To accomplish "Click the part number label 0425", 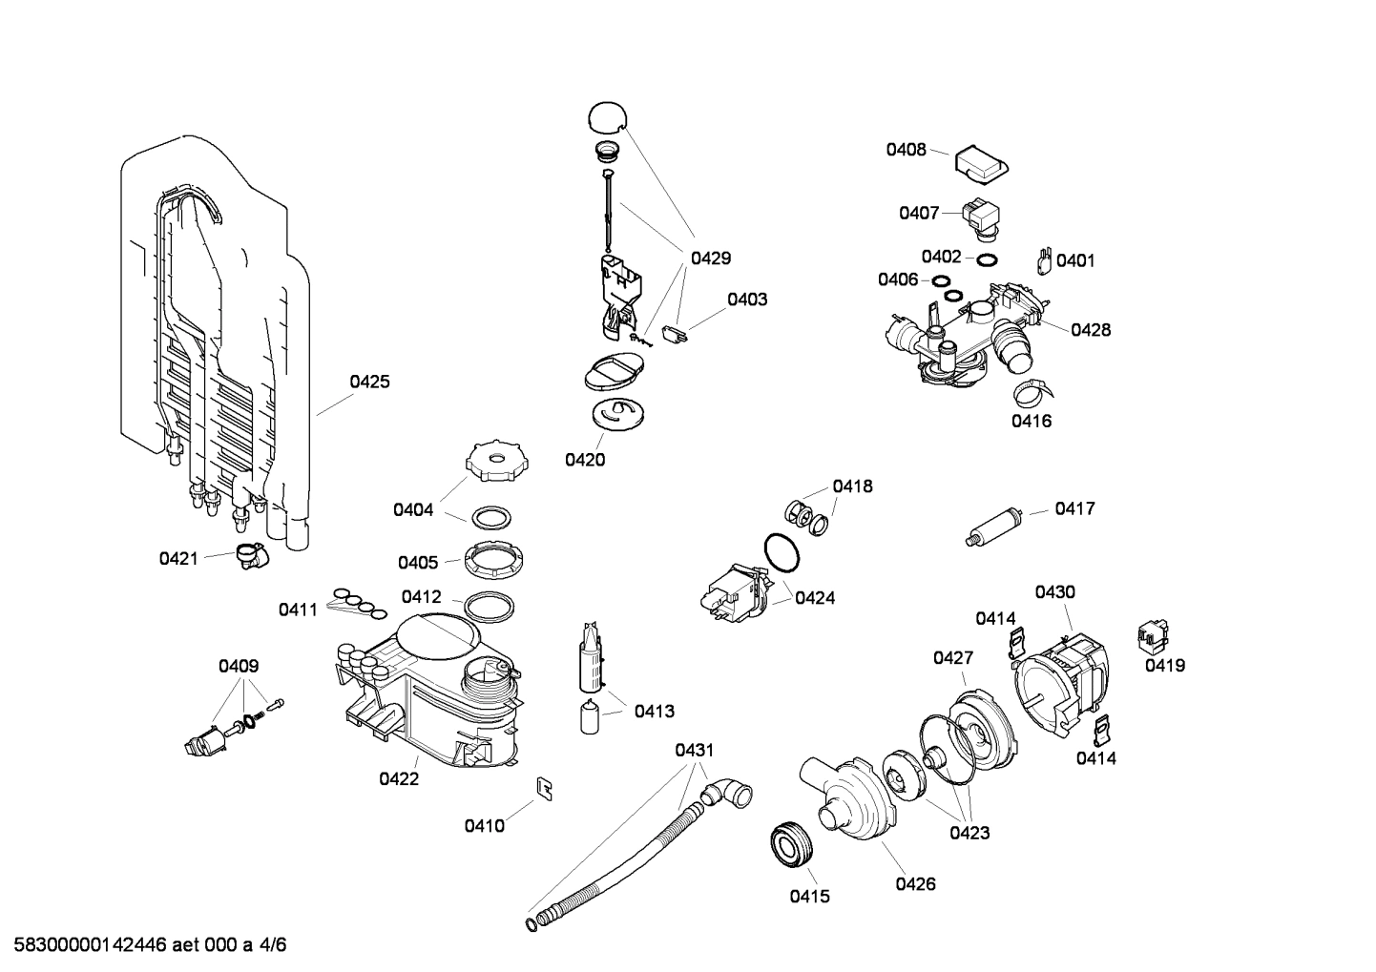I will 369,382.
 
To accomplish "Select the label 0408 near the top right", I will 906,149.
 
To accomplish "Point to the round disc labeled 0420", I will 614,414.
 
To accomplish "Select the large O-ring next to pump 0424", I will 782,553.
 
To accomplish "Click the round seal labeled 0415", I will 790,845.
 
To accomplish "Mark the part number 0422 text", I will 399,778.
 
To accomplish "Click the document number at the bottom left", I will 144,945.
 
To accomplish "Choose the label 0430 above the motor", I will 1054,592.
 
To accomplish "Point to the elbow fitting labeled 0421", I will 251,555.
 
